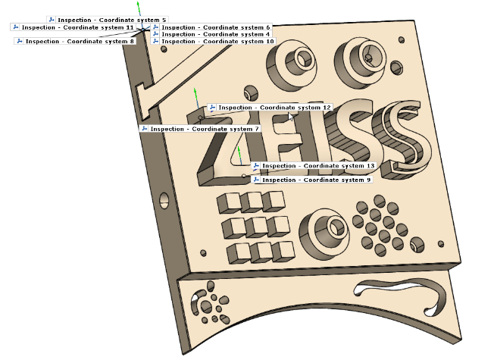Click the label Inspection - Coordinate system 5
click(x=107, y=20)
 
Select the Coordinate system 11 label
click(x=73, y=27)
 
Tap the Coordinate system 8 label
click(x=76, y=41)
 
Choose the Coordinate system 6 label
click(x=211, y=27)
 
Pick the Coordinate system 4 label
click(x=211, y=34)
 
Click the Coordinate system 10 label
click(x=214, y=41)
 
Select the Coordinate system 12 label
click(x=270, y=108)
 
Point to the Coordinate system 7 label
click(x=200, y=129)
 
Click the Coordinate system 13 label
click(x=314, y=166)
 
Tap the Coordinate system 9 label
click(x=312, y=180)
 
